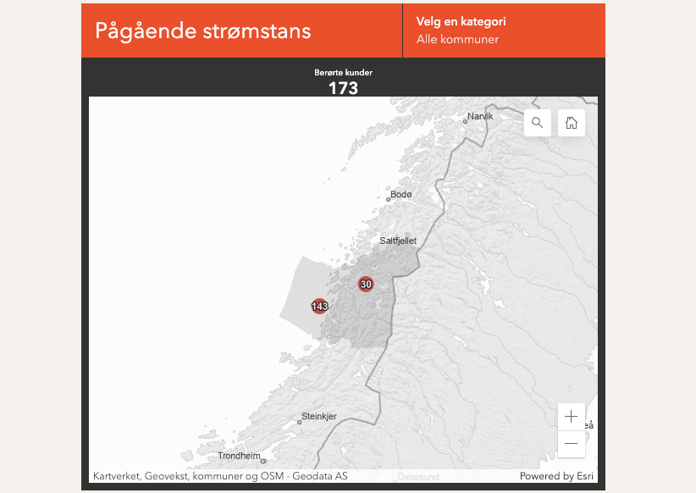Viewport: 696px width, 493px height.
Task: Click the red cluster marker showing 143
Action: pyautogui.click(x=320, y=306)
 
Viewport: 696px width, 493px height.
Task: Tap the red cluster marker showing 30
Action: pyautogui.click(x=366, y=284)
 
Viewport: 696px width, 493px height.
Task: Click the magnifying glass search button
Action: pyautogui.click(x=538, y=123)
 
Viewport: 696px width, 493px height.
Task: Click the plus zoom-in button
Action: pyautogui.click(x=572, y=416)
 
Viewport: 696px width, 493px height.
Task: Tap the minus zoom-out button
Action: pyautogui.click(x=572, y=443)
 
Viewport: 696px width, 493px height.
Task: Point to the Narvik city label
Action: pyautogui.click(x=480, y=116)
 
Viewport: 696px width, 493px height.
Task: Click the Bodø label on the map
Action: pyautogui.click(x=401, y=195)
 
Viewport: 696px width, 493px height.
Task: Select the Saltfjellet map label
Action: pyautogui.click(x=398, y=241)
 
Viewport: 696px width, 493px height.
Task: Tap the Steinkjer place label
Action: pyautogui.click(x=319, y=416)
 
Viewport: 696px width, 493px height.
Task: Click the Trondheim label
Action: pyautogui.click(x=239, y=456)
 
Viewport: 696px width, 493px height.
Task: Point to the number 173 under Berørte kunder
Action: pyautogui.click(x=343, y=88)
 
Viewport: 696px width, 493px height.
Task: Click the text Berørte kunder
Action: pyautogui.click(x=343, y=73)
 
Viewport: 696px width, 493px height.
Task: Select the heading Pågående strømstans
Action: pyautogui.click(x=203, y=30)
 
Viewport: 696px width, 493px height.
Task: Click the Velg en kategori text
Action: pyautogui.click(x=461, y=22)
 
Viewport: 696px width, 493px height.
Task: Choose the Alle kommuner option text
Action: pyautogui.click(x=457, y=40)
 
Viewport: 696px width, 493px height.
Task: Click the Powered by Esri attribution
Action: pyautogui.click(x=557, y=476)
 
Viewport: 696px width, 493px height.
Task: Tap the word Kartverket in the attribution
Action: pyautogui.click(x=115, y=476)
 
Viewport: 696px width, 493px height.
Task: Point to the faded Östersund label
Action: pyautogui.click(x=418, y=477)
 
